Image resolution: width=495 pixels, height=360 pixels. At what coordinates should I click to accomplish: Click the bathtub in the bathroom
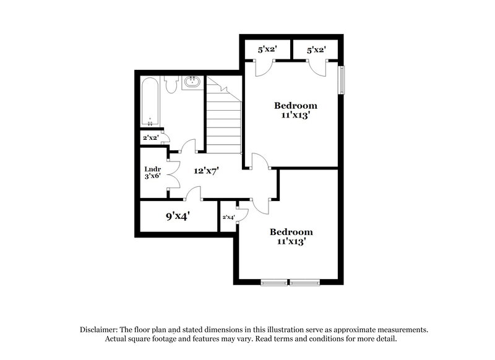click(151, 101)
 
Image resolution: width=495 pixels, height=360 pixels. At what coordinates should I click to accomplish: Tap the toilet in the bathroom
click(171, 85)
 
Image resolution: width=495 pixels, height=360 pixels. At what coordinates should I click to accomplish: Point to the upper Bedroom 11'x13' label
click(296, 109)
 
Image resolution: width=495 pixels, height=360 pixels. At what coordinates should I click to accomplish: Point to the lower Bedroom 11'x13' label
click(291, 237)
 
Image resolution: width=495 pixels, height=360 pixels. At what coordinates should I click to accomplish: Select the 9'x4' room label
click(177, 216)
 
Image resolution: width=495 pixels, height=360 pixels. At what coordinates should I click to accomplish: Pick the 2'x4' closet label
click(228, 217)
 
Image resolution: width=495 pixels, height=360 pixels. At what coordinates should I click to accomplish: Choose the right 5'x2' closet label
click(316, 48)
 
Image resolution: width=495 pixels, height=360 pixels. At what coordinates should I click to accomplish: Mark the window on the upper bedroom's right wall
click(340, 79)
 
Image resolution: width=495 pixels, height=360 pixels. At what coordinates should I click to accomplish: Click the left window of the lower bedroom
click(275, 283)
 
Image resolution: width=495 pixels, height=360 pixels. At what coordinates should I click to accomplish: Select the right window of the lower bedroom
click(305, 283)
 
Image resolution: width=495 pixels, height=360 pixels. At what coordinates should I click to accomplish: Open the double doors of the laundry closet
click(173, 175)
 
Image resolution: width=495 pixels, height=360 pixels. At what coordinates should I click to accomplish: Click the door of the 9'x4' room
click(194, 194)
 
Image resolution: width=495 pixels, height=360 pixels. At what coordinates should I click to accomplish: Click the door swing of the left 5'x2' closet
click(260, 67)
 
